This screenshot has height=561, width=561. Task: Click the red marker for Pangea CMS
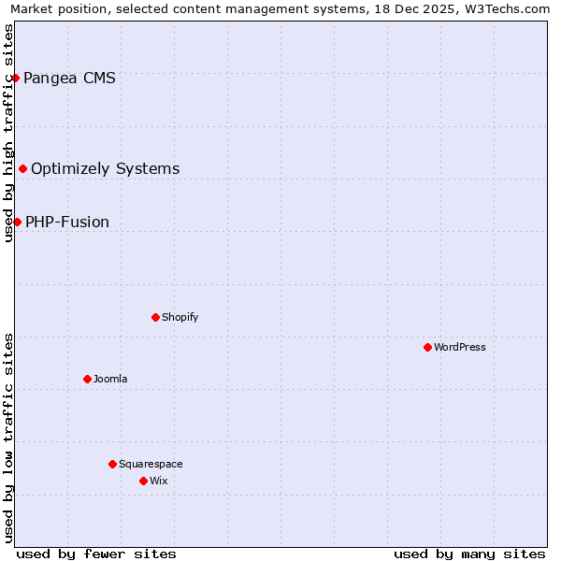click(15, 78)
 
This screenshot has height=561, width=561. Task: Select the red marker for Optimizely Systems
click(22, 168)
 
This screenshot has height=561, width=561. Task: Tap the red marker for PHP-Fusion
click(17, 222)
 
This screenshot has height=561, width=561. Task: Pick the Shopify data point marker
click(155, 317)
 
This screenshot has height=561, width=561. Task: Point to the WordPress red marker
click(427, 347)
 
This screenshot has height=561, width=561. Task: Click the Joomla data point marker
click(87, 379)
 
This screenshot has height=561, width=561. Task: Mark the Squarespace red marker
click(112, 464)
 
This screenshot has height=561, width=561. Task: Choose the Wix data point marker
click(143, 481)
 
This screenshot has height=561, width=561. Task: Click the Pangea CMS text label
click(70, 78)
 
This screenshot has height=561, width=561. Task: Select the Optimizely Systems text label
click(106, 168)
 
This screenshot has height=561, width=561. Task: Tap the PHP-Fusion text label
click(67, 222)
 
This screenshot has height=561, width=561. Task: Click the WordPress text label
click(460, 347)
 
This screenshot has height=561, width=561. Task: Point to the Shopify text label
click(180, 317)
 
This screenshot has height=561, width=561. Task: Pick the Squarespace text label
click(151, 464)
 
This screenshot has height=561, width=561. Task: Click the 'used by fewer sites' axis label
click(96, 554)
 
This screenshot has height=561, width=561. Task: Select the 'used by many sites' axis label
click(469, 554)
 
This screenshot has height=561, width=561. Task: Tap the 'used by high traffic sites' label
click(8, 133)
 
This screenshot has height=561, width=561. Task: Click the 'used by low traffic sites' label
click(8, 438)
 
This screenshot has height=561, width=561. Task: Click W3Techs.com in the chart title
click(506, 8)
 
